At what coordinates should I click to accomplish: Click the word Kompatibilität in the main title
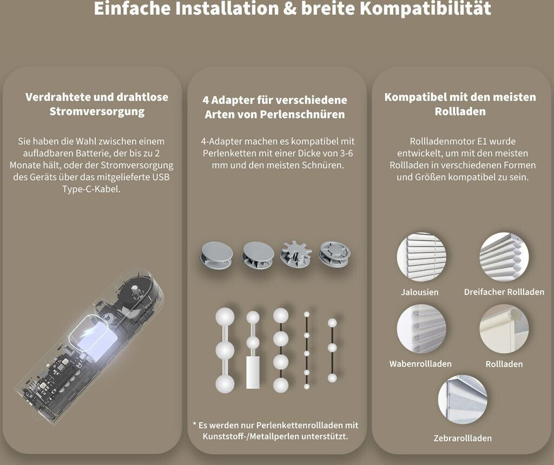[x=425, y=9]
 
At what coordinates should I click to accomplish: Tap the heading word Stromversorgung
[x=97, y=112]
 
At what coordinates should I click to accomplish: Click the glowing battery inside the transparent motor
[x=94, y=336]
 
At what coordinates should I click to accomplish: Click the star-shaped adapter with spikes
[x=296, y=254]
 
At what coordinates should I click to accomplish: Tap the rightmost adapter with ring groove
[x=334, y=254]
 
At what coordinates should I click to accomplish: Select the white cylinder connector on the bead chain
[x=253, y=372]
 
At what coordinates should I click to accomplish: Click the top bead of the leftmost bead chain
[x=225, y=317]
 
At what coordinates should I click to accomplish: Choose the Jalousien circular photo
[x=421, y=257]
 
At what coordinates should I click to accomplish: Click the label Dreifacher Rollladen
[x=504, y=292]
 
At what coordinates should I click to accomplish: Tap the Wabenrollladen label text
[x=420, y=364]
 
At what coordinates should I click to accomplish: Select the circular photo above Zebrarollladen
[x=463, y=400]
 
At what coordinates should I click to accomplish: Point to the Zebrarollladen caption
[x=463, y=438]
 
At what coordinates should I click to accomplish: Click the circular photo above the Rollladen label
[x=504, y=329]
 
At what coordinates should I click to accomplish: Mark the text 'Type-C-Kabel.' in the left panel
[x=91, y=189]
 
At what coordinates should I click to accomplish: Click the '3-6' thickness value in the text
[x=345, y=154]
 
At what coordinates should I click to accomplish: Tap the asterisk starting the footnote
[x=195, y=424]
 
